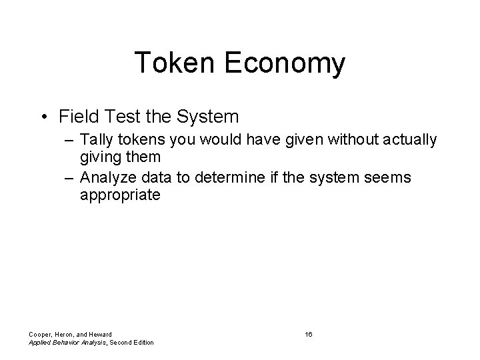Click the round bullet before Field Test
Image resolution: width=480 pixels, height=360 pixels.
pyautogui.click(x=43, y=117)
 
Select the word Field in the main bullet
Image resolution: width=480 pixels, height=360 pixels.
pyautogui.click(x=76, y=117)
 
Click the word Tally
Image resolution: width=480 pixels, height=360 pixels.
pyautogui.click(x=97, y=139)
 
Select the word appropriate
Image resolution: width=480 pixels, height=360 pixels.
pyautogui.click(x=120, y=196)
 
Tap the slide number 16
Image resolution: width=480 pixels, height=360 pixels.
pyautogui.click(x=308, y=333)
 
